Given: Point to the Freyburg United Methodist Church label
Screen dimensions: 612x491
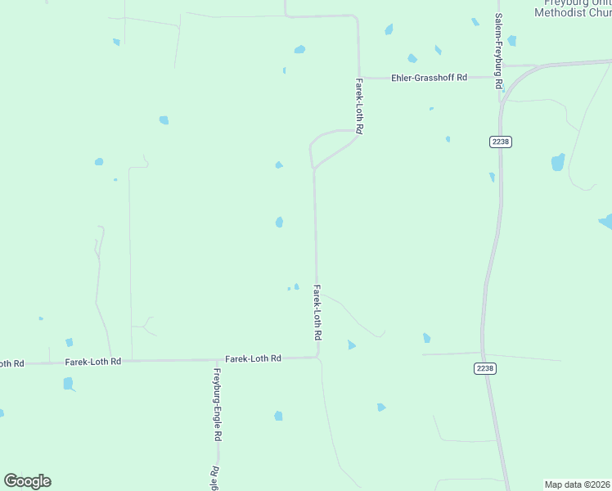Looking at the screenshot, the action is (x=573, y=8).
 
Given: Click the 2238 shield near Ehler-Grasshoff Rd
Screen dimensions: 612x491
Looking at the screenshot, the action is (x=501, y=142).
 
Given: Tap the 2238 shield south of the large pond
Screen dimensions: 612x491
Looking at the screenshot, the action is (x=485, y=368).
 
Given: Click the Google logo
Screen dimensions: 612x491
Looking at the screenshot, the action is (x=27, y=481).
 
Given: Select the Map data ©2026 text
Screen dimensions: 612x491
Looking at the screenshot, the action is (x=578, y=484).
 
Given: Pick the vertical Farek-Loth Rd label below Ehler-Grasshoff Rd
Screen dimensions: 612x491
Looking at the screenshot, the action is (x=358, y=106).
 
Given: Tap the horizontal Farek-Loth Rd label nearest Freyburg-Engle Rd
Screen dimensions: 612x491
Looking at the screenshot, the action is (x=253, y=358).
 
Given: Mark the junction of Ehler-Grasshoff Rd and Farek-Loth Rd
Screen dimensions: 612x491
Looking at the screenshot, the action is (x=359, y=79).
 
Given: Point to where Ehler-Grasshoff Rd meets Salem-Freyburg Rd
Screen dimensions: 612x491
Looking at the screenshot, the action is (x=502, y=79).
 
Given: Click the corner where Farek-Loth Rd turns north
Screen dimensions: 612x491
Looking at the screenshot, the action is (x=317, y=356).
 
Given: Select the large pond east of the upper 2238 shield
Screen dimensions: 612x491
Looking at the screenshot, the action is (x=558, y=161).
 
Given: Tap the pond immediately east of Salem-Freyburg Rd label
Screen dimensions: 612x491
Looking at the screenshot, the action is (x=511, y=40).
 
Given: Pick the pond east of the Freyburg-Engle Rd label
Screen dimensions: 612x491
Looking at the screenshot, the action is (x=278, y=416).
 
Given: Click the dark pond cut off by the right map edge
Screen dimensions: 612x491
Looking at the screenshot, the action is (x=607, y=220).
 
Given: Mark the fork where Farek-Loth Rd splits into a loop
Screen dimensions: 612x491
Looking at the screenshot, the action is (x=314, y=169).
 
